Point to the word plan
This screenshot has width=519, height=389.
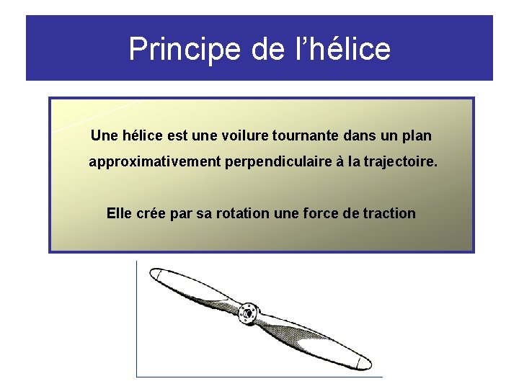coord(417,135)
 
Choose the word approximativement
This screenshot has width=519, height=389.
coord(154,163)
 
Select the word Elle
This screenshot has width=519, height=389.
coord(119,213)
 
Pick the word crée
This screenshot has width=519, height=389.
coord(151,213)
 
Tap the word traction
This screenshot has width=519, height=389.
coord(389,213)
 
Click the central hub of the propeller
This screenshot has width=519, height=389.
coord(249,312)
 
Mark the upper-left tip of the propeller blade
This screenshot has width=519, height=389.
coord(155,274)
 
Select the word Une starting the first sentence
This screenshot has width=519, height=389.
coord(103,135)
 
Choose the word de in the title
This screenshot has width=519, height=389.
coord(268,49)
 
